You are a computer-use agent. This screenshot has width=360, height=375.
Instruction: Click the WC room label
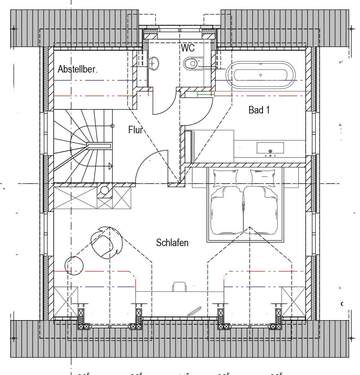187,48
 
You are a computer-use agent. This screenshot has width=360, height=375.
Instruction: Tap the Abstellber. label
77,69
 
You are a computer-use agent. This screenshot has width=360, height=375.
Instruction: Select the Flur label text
135,129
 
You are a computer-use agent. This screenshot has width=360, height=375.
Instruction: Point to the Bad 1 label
259,110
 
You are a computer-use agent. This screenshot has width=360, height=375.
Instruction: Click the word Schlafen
172,242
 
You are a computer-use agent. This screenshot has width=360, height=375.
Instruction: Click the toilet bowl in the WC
191,64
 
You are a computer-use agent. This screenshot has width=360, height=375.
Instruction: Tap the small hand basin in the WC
154,63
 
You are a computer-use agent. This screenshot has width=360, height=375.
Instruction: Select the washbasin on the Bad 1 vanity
270,148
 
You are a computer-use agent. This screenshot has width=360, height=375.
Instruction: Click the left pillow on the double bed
226,177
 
